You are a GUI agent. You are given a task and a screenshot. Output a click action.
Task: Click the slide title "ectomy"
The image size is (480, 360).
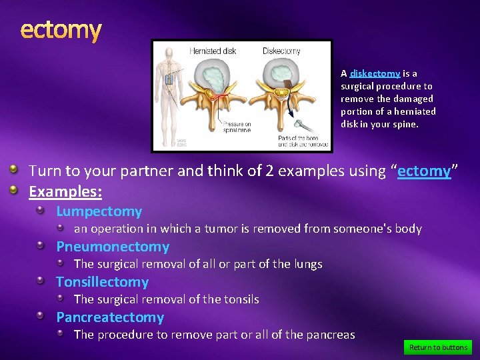tap(61, 30)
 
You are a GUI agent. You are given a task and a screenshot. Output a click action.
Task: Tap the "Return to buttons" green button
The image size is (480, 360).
tap(438, 347)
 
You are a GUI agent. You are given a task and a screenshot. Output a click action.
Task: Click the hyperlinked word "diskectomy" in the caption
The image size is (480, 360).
tap(375, 73)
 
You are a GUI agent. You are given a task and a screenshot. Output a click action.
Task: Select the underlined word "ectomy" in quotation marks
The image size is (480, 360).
tap(424, 171)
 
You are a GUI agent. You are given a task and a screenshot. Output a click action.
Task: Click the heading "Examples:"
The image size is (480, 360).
tap(65, 192)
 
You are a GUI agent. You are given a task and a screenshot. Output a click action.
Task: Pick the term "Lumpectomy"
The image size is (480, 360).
tap(99, 211)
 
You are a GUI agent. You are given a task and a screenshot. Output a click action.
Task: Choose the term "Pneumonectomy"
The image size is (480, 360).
tap(113, 247)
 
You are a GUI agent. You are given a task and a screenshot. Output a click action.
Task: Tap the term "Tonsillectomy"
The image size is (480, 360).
tap(102, 282)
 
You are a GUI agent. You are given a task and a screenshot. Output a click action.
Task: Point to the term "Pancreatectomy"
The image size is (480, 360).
tap(110, 317)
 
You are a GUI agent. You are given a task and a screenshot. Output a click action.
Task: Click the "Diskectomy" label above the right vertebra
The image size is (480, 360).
tap(281, 51)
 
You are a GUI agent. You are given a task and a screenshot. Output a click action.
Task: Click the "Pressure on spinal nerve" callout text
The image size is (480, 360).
tap(236, 127)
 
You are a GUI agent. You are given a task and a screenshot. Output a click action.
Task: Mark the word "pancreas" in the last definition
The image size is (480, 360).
tap(331, 335)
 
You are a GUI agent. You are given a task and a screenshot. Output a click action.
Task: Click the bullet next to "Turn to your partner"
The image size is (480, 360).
tap(13, 171)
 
